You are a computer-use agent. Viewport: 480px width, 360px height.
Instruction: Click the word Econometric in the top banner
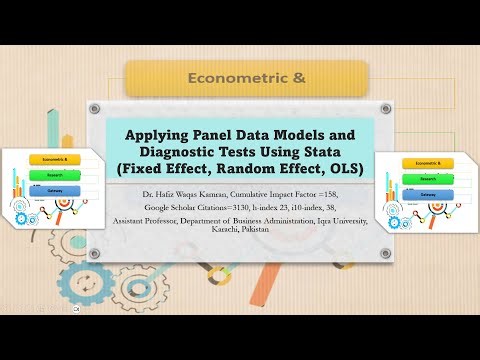pos(222,76)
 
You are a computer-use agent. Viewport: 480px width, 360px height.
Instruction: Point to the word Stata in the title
pos(337,150)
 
